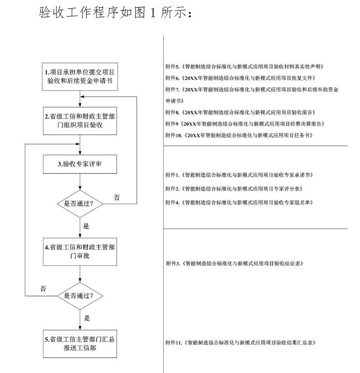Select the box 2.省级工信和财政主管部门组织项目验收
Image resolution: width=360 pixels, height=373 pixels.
(80, 121)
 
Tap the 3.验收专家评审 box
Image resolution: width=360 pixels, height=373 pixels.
(80, 164)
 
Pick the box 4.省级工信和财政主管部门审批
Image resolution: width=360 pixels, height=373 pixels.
(80, 252)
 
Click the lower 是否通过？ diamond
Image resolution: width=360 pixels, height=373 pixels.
(80, 296)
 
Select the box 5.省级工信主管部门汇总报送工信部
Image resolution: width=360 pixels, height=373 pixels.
(80, 344)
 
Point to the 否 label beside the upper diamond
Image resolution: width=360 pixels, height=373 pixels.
(117, 197)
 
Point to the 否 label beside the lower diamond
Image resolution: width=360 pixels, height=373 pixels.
(43, 289)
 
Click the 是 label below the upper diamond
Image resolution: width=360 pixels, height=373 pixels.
(87, 226)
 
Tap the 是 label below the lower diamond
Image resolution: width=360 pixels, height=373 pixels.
(87, 318)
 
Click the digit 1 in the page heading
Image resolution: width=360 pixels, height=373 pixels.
(152, 13)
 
